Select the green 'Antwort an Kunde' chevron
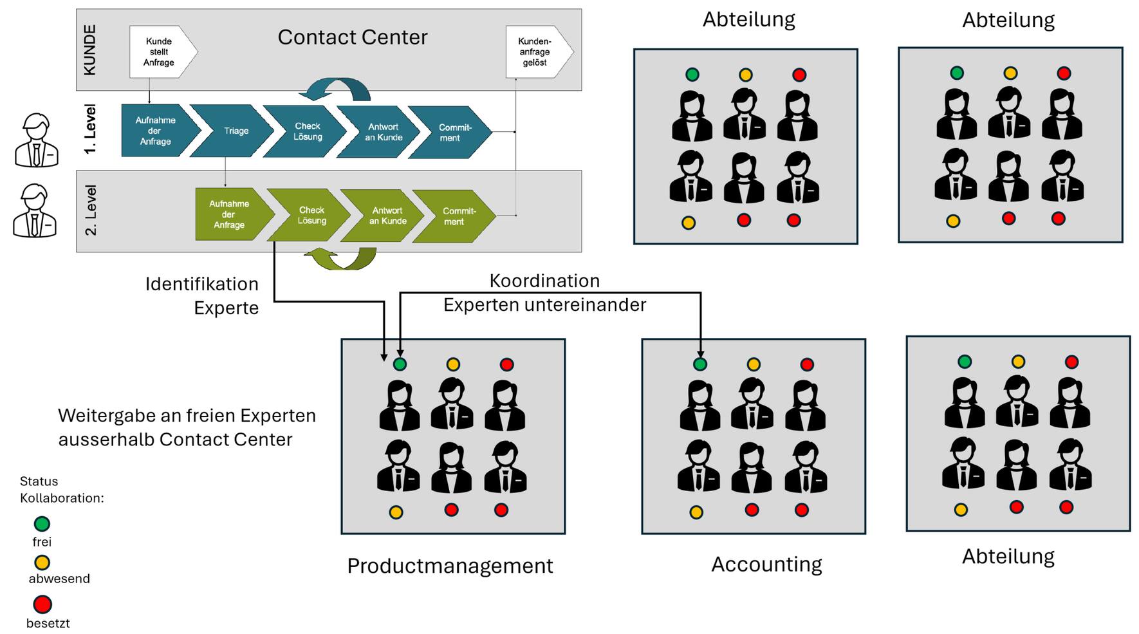(386, 216)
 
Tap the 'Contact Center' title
(352, 37)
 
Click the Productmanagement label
(450, 565)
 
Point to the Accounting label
(766, 564)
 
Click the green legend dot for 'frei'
(42, 524)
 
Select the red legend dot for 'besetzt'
(42, 604)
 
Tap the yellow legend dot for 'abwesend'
(42, 563)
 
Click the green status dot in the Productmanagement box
(400, 364)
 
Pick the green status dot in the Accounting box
(700, 364)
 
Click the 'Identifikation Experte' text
(202, 295)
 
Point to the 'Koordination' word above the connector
(544, 281)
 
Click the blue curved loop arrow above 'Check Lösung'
(339, 89)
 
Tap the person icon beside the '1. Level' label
(37, 140)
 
